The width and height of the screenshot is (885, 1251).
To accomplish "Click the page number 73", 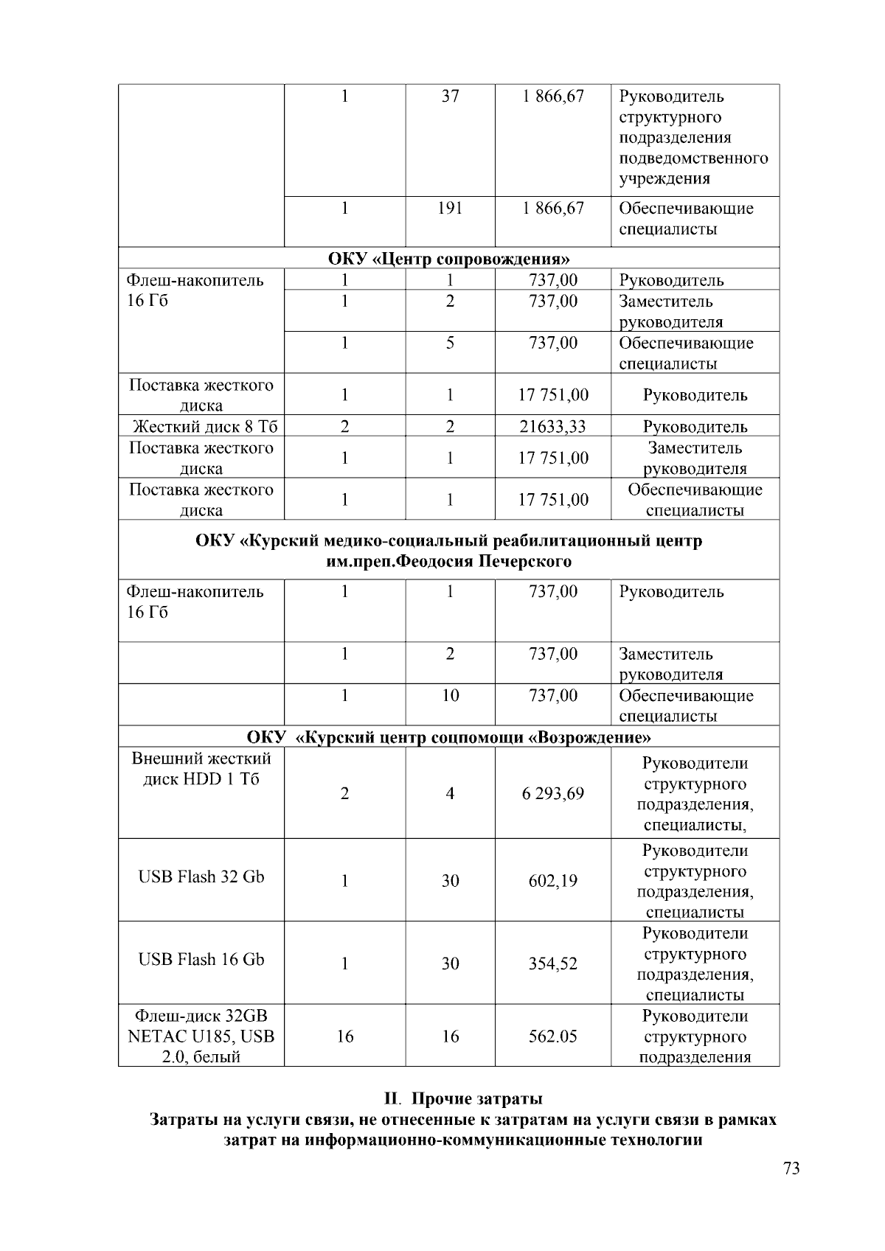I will point(791,1169).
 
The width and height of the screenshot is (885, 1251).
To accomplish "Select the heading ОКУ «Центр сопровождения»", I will point(448,259).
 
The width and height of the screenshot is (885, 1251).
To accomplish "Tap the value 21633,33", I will point(552,426).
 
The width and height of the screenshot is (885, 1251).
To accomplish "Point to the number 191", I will point(450,209).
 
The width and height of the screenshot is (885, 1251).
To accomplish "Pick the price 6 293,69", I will point(552,793).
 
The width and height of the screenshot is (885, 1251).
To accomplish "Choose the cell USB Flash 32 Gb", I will point(201,877).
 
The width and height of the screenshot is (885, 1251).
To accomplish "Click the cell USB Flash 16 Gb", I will point(201,959).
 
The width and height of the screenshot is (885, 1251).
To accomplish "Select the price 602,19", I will point(552,881).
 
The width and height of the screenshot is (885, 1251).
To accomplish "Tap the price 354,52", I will point(552,963).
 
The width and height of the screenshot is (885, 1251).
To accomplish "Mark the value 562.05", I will point(552,1036).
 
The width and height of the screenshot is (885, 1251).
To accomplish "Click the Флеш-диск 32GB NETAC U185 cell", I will point(201,1036).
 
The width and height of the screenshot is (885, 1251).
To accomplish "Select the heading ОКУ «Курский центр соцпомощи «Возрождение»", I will point(448,737).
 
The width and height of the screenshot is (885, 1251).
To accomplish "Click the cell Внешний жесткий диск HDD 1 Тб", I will point(201,769).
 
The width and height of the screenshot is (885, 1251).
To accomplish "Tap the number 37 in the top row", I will point(450,97).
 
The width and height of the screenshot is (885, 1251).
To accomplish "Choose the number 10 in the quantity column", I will point(450,696).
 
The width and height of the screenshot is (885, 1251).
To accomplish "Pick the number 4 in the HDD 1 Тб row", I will point(450,793).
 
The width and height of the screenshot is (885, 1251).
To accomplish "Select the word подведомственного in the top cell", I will point(693,158).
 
